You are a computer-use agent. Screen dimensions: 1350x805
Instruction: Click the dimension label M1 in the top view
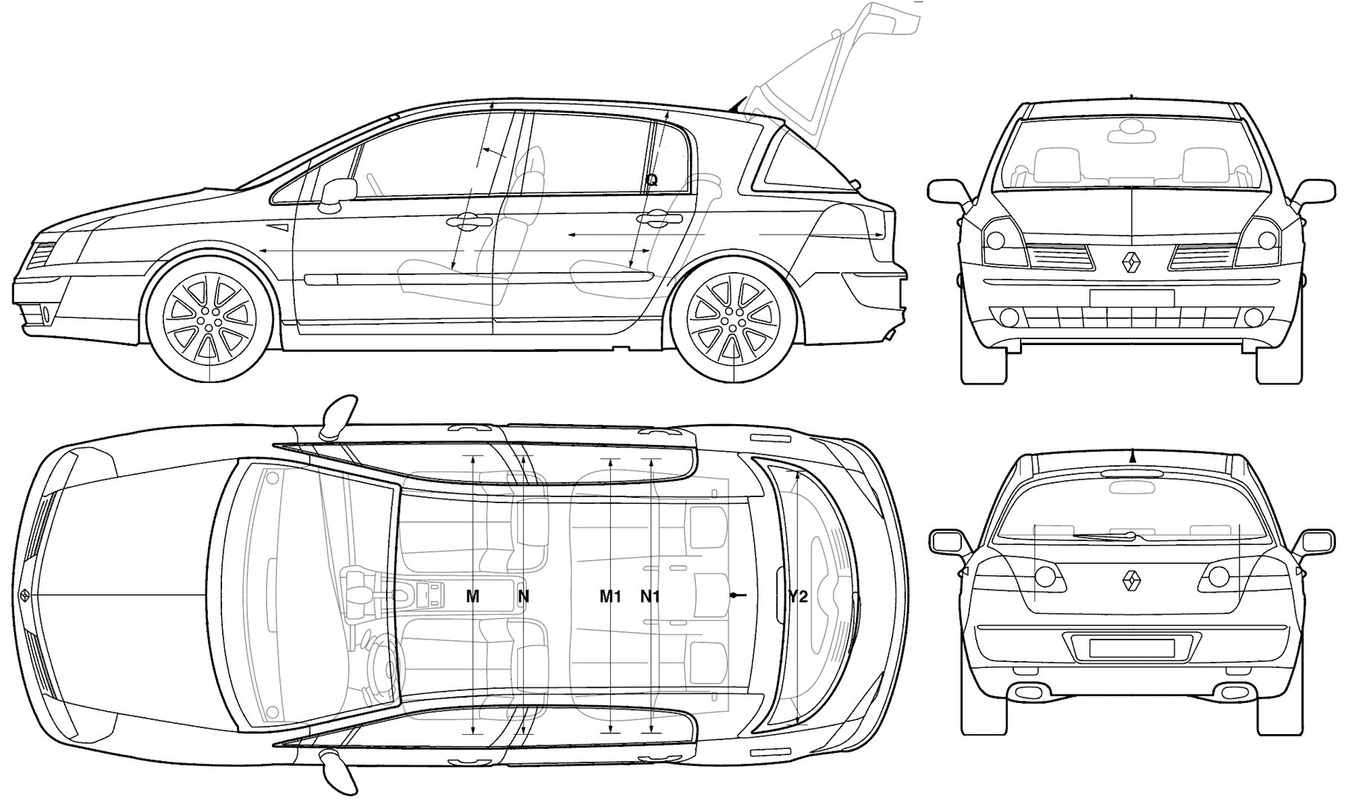(611, 596)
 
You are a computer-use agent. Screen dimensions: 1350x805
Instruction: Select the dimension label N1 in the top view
(650, 596)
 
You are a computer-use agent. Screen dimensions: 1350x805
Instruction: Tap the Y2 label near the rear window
(798, 596)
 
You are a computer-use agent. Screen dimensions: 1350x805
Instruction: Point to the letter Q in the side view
(652, 180)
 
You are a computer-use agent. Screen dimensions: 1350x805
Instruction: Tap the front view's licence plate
(1131, 298)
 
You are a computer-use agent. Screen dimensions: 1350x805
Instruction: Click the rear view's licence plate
(1131, 648)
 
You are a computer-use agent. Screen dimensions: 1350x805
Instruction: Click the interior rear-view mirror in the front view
(1131, 135)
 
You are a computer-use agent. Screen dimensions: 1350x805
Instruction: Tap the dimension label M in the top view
(472, 596)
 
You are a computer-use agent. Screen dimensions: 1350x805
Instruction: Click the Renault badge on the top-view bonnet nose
(24, 596)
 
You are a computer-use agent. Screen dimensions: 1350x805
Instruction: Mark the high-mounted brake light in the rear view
(1131, 473)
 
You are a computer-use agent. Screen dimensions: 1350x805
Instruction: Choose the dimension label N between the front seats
(524, 596)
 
